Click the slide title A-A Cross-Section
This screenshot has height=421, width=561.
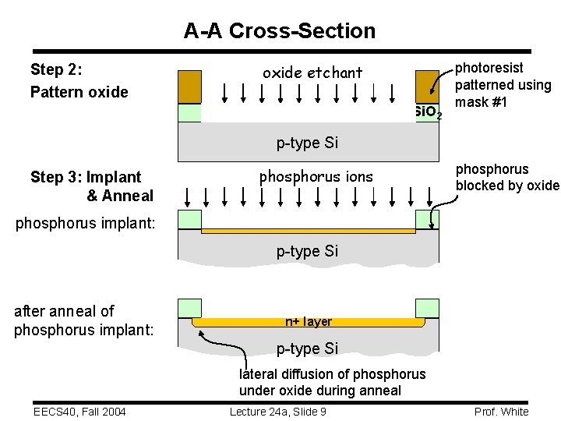click(280, 31)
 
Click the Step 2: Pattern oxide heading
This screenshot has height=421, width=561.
click(79, 81)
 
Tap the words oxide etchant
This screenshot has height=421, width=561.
click(312, 73)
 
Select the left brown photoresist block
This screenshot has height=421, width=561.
click(189, 87)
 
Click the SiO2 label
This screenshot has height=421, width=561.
click(428, 113)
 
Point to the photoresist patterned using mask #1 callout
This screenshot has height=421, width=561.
click(503, 85)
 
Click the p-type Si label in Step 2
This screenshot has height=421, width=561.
click(307, 143)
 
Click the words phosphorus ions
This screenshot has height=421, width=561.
click(316, 176)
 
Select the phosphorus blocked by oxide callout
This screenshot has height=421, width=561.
click(507, 177)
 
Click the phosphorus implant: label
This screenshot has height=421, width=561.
click(86, 223)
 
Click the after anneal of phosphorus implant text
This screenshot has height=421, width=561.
click(83, 320)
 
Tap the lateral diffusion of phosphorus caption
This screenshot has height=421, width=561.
click(332, 382)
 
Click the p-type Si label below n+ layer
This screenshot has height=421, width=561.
click(307, 348)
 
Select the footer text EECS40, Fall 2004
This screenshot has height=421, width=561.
click(81, 412)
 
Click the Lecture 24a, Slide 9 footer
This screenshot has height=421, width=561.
click(278, 412)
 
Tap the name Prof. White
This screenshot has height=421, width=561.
click(501, 412)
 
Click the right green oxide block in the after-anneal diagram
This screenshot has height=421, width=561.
click(427, 308)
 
